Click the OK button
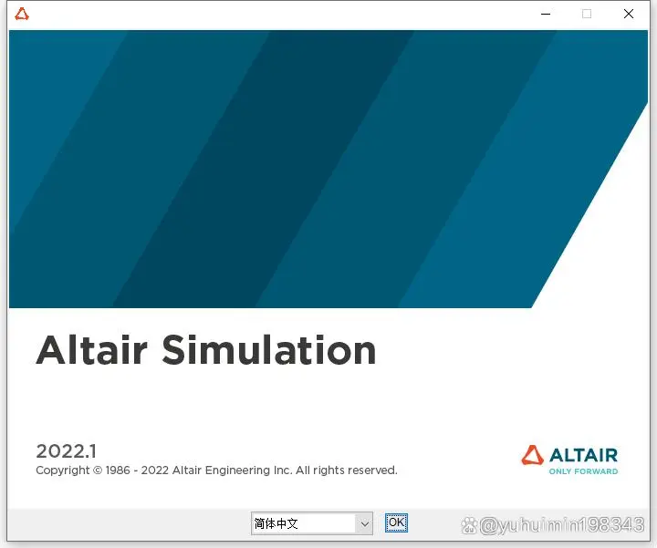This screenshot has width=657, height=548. [396, 522]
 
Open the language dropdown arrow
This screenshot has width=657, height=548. [364, 523]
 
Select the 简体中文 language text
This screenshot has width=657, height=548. [276, 523]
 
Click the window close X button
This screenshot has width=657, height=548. [629, 14]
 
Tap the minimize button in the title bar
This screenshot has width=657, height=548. [546, 15]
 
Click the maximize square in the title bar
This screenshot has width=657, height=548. [587, 14]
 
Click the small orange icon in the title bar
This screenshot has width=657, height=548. [22, 15]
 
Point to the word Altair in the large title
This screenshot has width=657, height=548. [92, 349]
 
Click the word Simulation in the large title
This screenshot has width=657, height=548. [269, 349]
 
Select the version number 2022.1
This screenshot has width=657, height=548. [67, 451]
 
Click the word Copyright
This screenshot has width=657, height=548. [63, 470]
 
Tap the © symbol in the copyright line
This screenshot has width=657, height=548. [98, 470]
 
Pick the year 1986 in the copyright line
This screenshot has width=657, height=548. [118, 470]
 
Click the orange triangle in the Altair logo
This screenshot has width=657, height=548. [532, 455]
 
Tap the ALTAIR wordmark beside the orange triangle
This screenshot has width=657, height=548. [583, 455]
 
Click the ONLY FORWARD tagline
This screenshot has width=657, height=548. [583, 471]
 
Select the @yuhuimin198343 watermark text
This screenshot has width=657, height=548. [561, 525]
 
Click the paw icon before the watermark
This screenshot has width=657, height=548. [469, 525]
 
